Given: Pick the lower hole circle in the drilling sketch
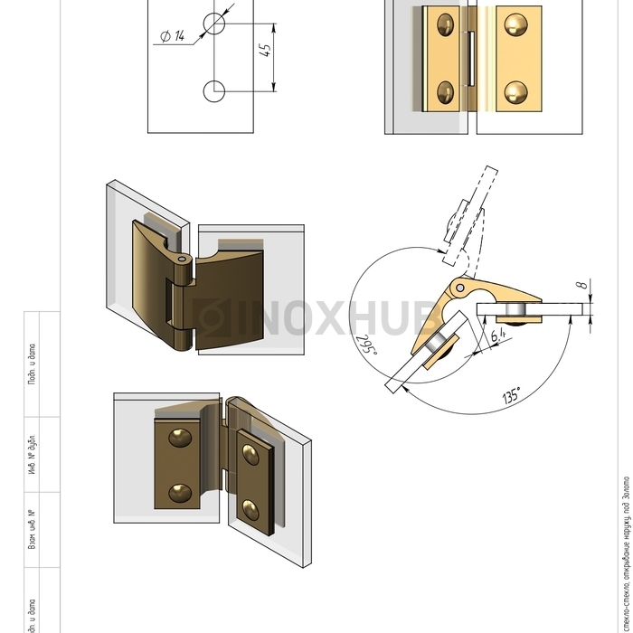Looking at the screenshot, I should (215, 91).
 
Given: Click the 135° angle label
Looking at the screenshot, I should (511, 396).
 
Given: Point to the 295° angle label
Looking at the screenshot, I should (365, 347).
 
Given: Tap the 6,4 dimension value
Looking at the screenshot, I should (496, 338).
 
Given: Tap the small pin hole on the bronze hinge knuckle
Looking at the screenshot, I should (184, 259).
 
